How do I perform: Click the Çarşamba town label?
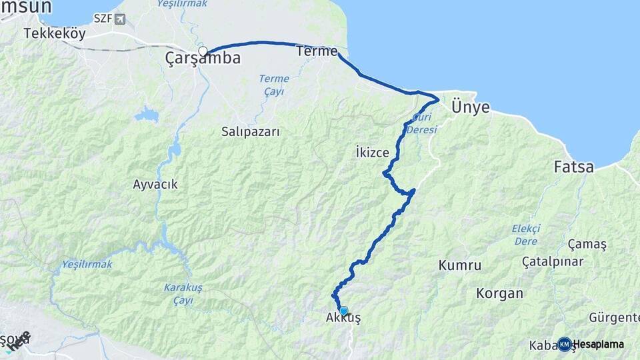pos(203,59)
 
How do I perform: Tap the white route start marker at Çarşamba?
pos(203,51)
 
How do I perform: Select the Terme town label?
pos(317,51)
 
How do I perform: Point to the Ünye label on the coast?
pos(470,107)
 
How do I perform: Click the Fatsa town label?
pos(573,167)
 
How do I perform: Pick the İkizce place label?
pos(373,153)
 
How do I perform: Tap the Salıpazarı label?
pos(251,132)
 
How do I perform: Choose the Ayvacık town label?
pos(155,184)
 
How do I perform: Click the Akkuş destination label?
pos(343,319)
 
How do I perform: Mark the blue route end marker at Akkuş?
pos(343,310)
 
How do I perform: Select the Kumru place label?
pos(460,265)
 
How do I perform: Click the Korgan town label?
pos(499,293)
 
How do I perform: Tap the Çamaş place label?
pos(587,244)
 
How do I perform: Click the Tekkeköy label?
pos(55,33)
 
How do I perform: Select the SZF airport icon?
pos(120,19)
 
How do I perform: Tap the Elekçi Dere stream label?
pos(526,235)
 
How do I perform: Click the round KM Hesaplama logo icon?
pos(564,344)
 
